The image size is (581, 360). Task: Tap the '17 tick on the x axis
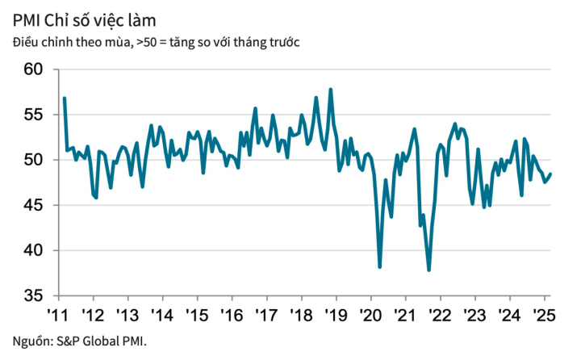(x=265, y=314)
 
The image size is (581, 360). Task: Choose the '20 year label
(x=370, y=314)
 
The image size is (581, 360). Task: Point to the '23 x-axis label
(x=474, y=314)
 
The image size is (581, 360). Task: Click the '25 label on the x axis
(x=544, y=314)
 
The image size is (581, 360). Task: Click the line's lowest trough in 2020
(x=379, y=266)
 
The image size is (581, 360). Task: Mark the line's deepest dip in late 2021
(x=428, y=270)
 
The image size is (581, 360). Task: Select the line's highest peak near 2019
(x=331, y=90)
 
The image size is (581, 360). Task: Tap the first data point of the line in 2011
(x=64, y=98)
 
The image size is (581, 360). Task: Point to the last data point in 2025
(x=550, y=174)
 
